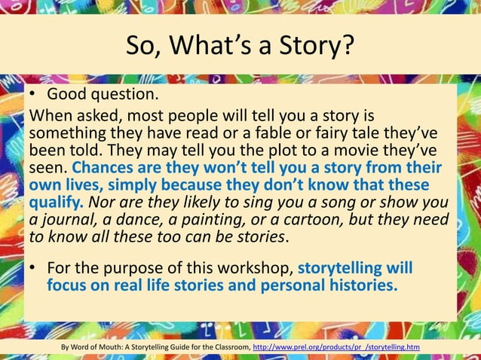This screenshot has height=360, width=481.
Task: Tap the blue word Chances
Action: [x=104, y=168]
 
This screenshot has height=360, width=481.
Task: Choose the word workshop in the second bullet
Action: [x=256, y=269]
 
